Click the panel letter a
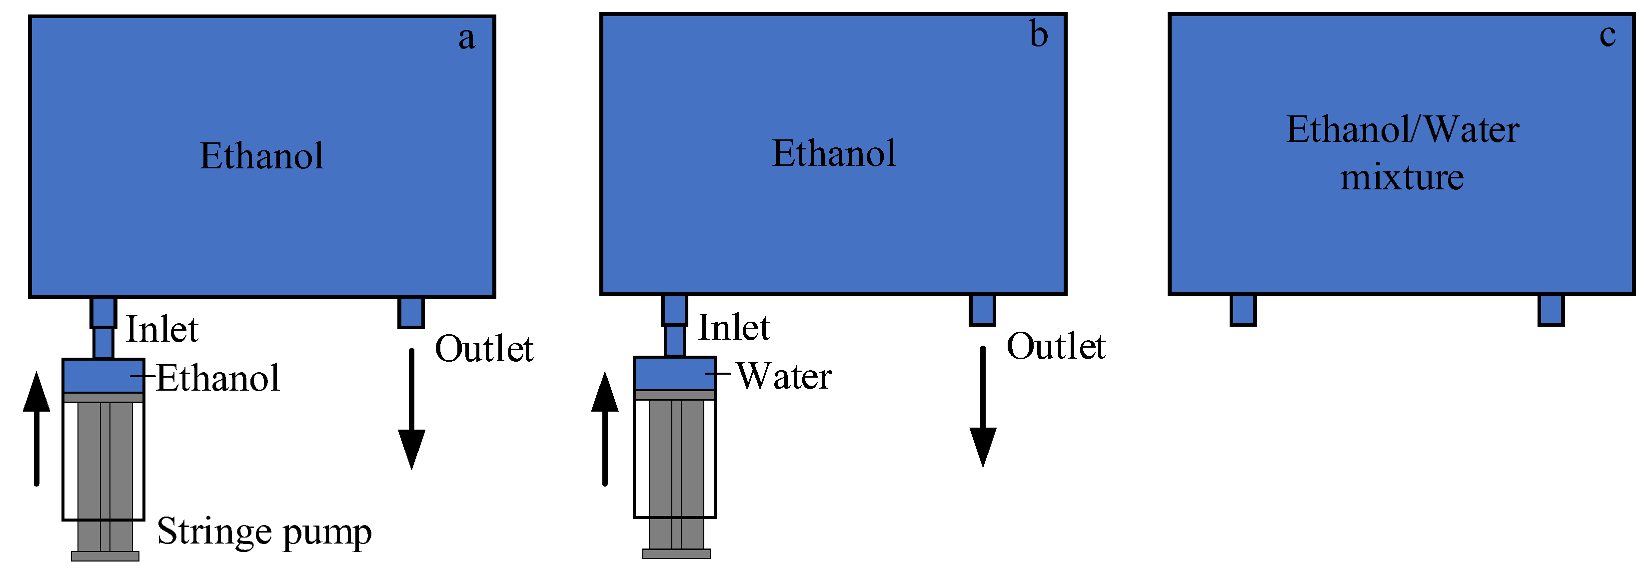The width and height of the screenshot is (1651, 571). click(x=466, y=38)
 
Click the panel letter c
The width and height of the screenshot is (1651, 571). click(x=1608, y=35)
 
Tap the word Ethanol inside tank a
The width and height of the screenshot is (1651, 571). click(x=261, y=156)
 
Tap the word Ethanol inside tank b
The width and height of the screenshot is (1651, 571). click(x=833, y=153)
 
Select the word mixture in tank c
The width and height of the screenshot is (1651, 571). click(x=1402, y=177)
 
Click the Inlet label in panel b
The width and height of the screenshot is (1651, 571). click(x=733, y=328)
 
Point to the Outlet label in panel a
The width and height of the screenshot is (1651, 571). click(x=484, y=349)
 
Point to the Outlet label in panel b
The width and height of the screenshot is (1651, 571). click(x=1056, y=347)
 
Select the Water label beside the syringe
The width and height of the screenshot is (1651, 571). click(x=784, y=376)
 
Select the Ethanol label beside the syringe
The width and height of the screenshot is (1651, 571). click(x=218, y=378)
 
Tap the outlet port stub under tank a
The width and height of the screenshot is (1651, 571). click(x=411, y=312)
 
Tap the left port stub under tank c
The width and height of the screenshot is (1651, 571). click(x=1243, y=310)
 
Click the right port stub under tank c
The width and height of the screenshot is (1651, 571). click(x=1551, y=310)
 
